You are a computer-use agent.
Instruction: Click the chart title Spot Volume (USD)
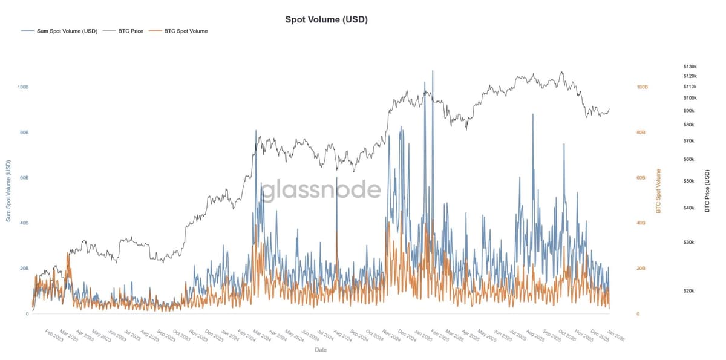tap(326, 19)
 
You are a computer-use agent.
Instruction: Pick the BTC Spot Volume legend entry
tap(186, 31)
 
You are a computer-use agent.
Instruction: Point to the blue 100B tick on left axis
tap(24, 87)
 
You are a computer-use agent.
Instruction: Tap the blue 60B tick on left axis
tap(24, 178)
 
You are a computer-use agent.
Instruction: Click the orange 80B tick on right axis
tap(642, 133)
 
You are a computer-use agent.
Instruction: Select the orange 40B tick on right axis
tap(642, 223)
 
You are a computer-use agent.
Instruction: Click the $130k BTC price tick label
tap(690, 67)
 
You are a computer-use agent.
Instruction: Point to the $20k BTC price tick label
tap(688, 291)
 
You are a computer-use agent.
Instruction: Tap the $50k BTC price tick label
tap(688, 182)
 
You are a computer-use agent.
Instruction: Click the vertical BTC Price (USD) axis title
tap(707, 191)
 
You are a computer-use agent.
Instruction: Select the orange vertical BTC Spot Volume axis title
tap(659, 191)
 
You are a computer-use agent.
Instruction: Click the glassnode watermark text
tap(321, 190)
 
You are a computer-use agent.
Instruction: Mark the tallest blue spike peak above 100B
tap(433, 71)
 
